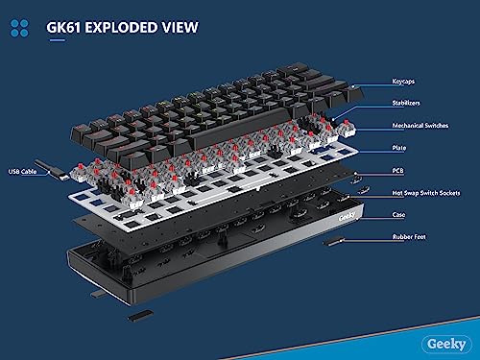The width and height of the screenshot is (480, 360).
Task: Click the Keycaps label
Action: pyautogui.click(x=403, y=82)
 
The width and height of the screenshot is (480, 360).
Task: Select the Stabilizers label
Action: pyautogui.click(x=406, y=103)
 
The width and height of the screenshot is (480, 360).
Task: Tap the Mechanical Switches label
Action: pyautogui.click(x=420, y=126)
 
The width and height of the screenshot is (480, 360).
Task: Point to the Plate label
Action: pyautogui.click(x=399, y=148)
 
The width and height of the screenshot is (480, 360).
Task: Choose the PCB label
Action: pyautogui.click(x=397, y=171)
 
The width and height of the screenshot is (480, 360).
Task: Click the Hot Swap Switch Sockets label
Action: pyautogui.click(x=426, y=193)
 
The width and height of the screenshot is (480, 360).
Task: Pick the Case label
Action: pyautogui.click(x=398, y=214)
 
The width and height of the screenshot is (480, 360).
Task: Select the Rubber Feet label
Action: pyautogui.click(x=409, y=237)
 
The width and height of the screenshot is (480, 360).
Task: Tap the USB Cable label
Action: pyautogui.click(x=22, y=172)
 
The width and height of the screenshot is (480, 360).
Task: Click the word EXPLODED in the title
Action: pyautogui.click(x=122, y=28)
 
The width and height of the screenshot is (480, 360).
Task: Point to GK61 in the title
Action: pyautogui.click(x=63, y=28)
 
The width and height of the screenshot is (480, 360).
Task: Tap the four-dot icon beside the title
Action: pyautogui.click(x=19, y=28)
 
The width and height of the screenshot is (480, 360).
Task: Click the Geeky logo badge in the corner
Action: pyautogui.click(x=446, y=345)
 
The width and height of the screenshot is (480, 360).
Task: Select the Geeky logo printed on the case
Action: pyautogui.click(x=347, y=217)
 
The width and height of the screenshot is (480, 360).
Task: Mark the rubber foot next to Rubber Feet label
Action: pyautogui.click(x=334, y=242)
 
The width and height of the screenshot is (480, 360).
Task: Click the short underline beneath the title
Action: pyautogui.click(x=58, y=40)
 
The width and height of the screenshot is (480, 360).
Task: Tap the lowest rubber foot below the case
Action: pyautogui.click(x=140, y=316)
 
